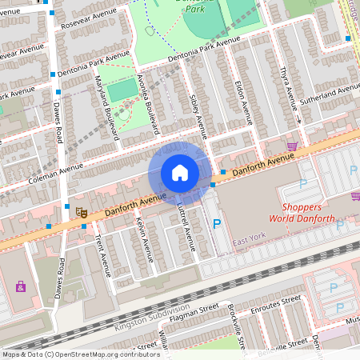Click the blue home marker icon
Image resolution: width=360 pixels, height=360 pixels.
(180, 172)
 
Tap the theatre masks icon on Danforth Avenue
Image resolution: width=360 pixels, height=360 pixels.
(81, 212)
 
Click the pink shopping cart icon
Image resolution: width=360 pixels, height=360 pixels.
(293, 147)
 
